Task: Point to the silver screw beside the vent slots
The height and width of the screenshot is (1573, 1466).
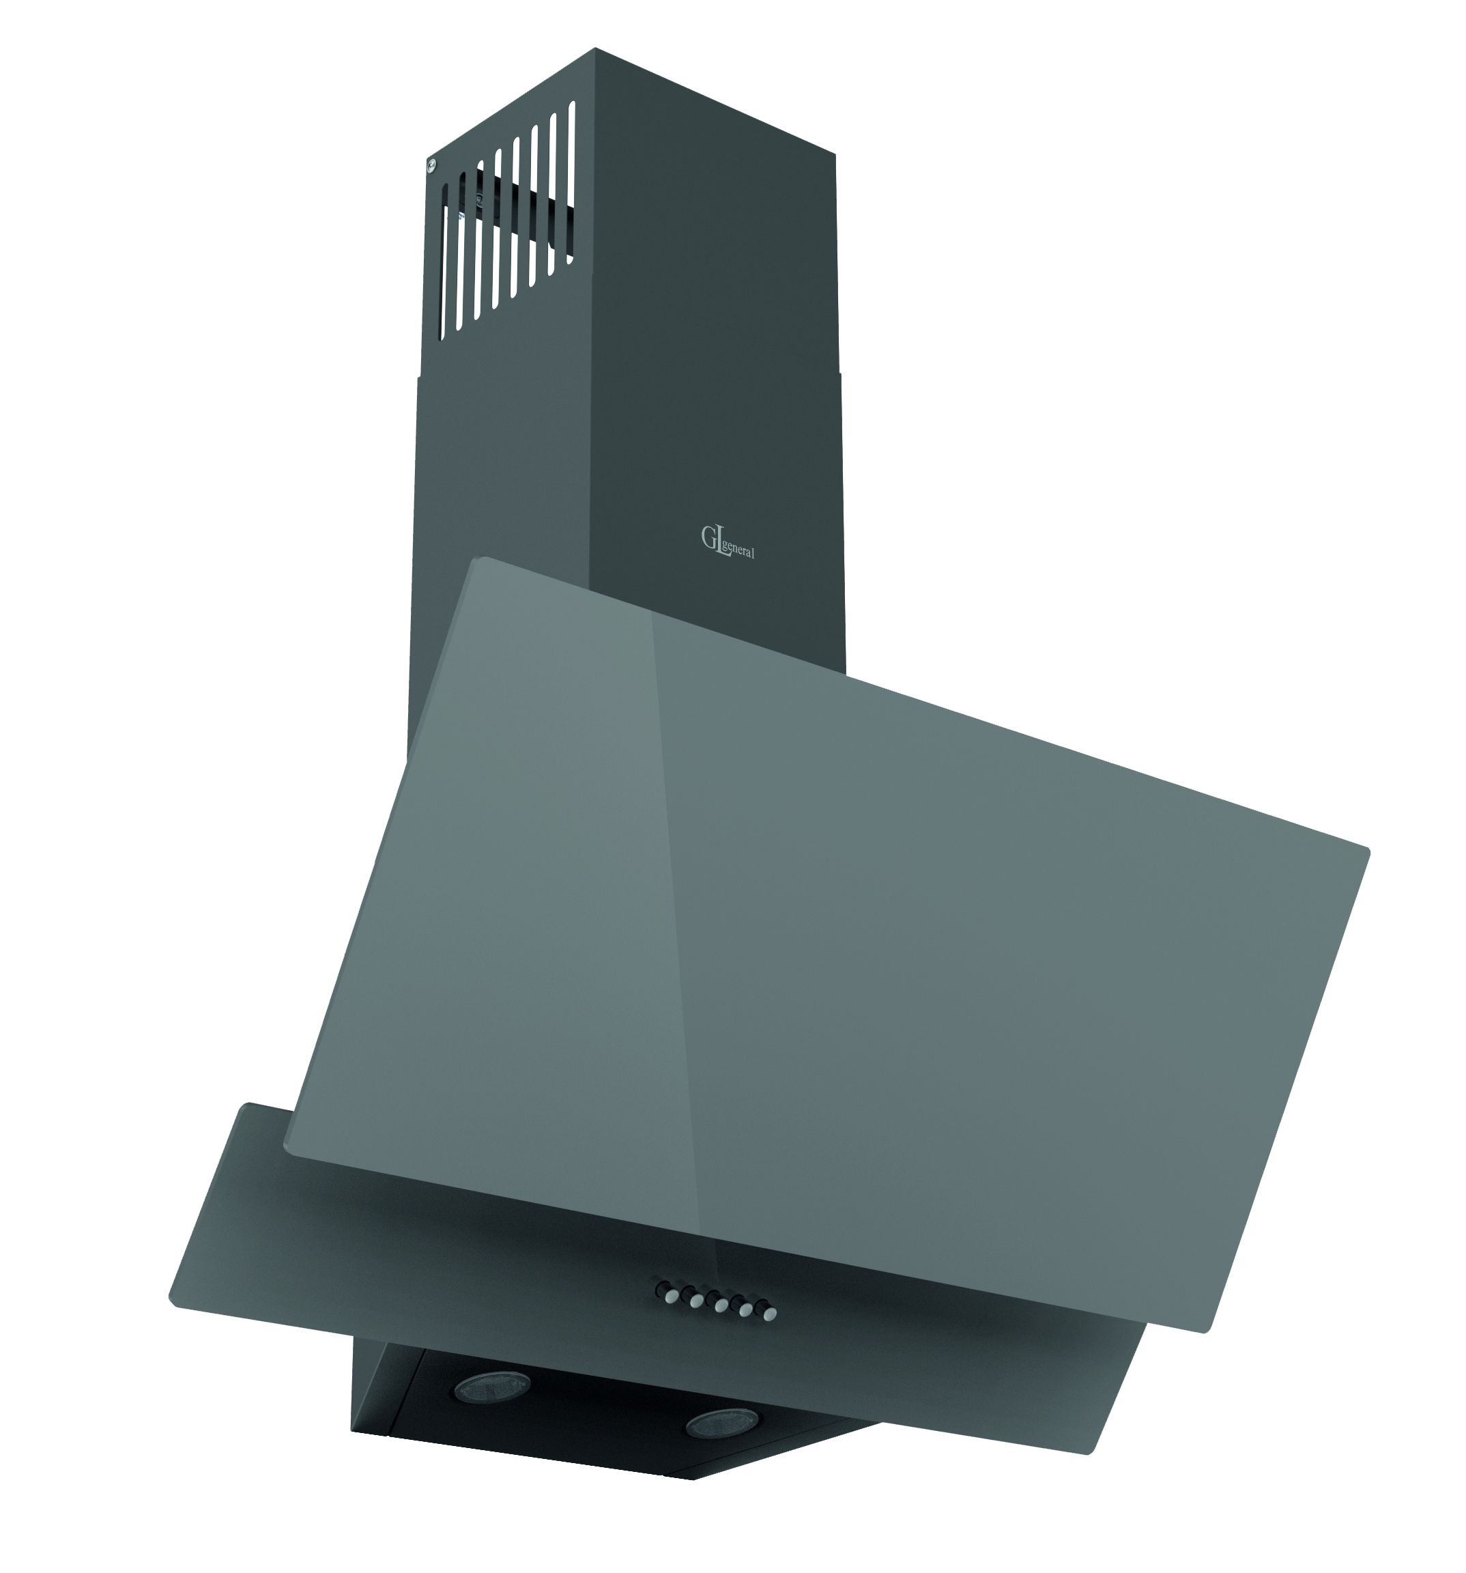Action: click(431, 165)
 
